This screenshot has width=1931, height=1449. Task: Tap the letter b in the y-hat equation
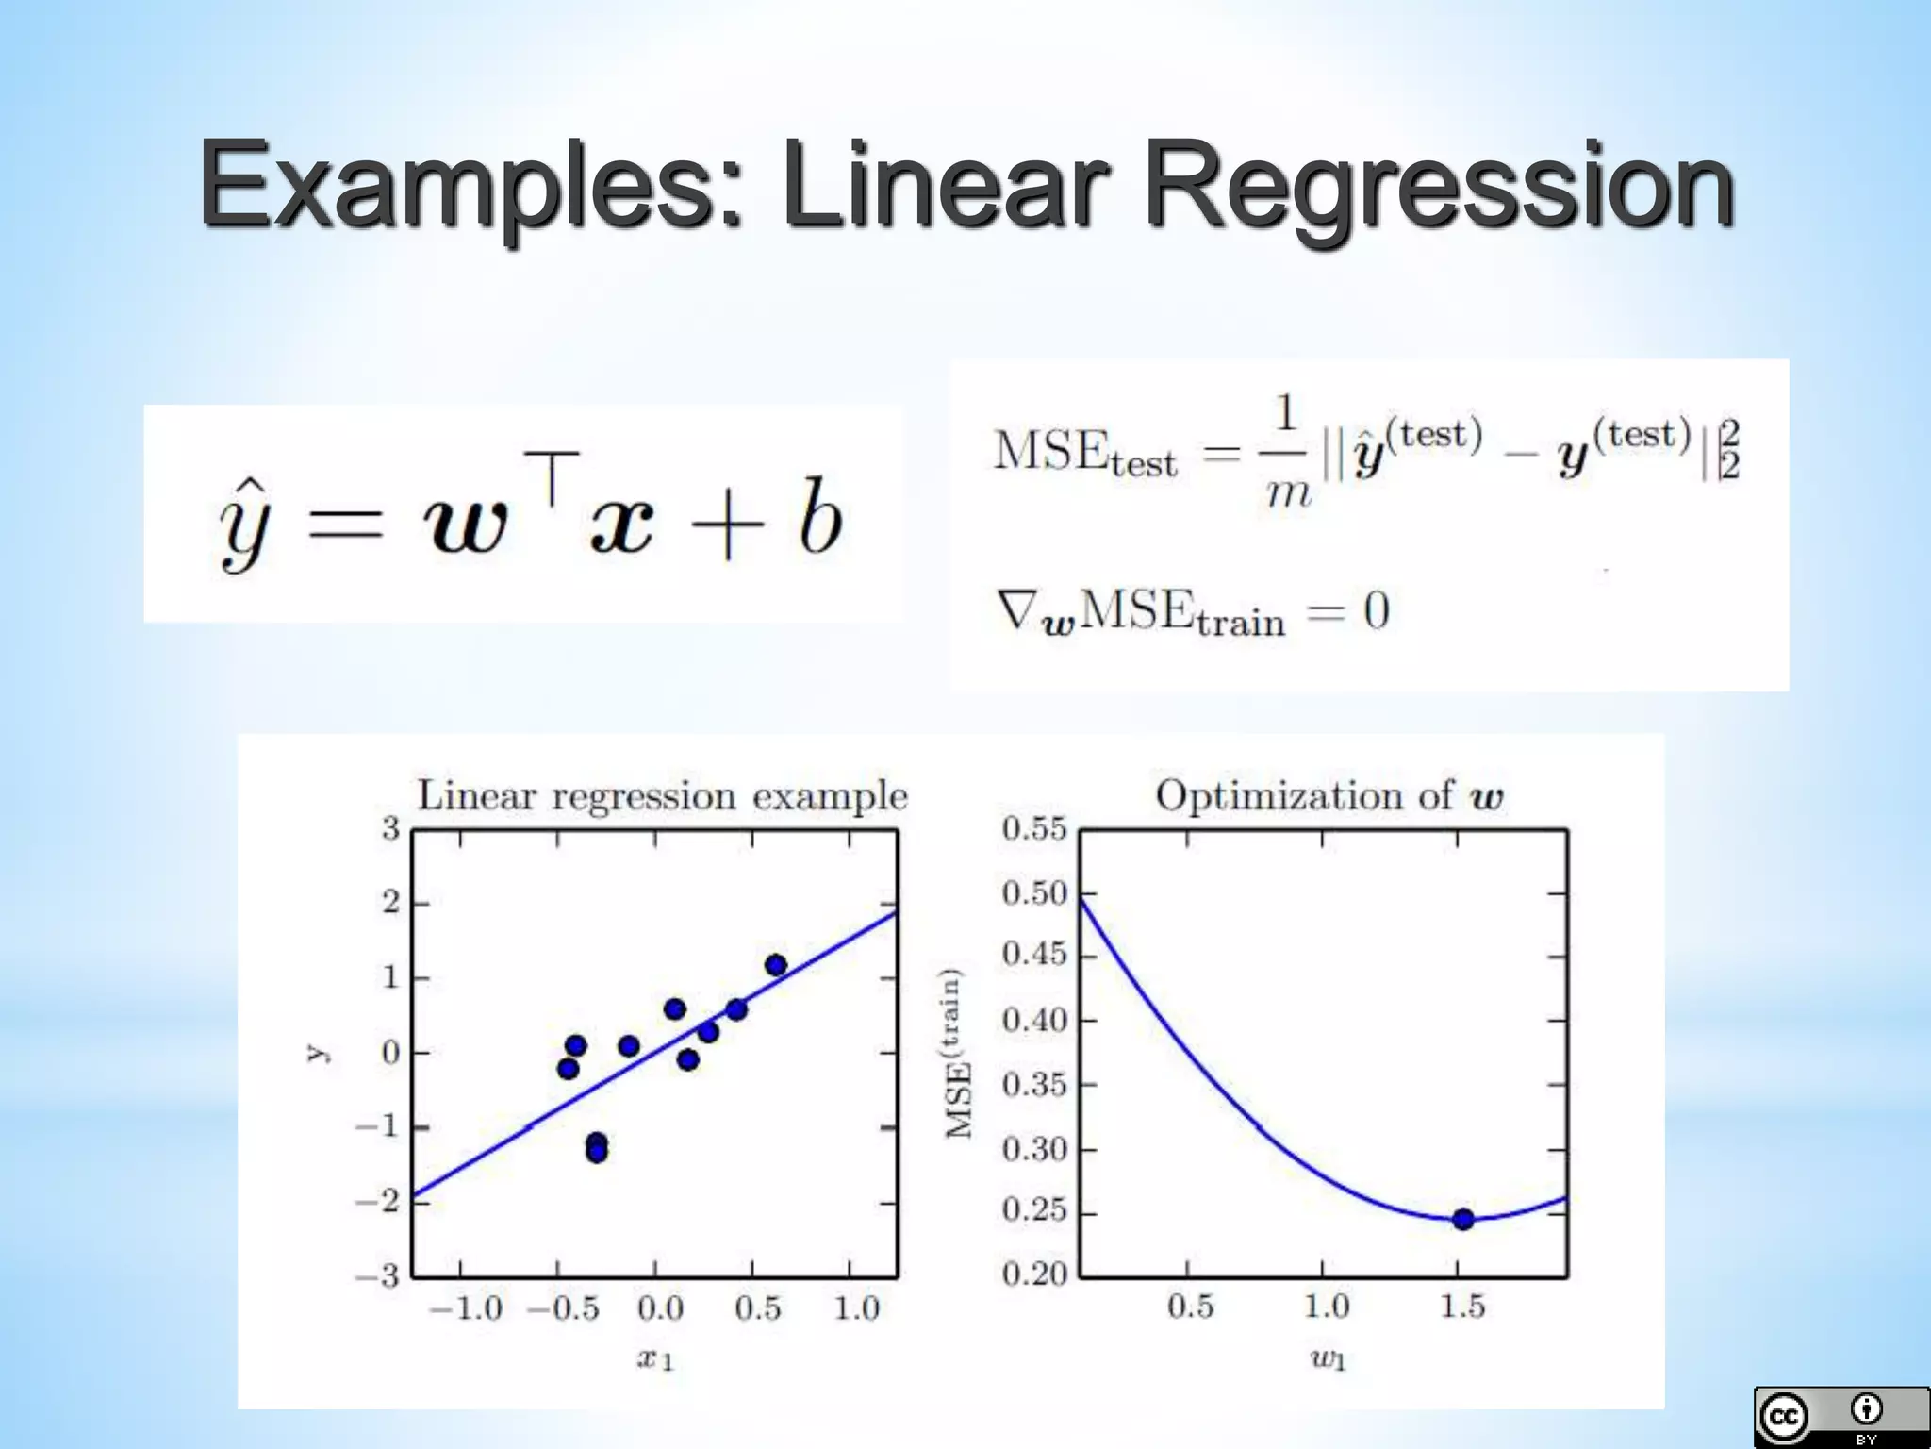819,516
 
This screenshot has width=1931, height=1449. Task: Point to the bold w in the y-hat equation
466,525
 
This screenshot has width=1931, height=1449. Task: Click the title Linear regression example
662,796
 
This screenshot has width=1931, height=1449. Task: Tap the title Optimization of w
1329,796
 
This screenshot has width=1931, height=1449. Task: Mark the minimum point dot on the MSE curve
1462,1220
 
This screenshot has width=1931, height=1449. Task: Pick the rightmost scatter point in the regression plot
776,965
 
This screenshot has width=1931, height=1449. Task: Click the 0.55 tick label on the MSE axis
1033,829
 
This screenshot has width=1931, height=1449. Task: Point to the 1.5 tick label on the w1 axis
1461,1307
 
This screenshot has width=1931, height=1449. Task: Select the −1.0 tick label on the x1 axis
466,1309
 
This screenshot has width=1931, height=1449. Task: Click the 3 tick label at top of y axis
390,829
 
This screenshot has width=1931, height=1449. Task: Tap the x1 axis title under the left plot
655,1359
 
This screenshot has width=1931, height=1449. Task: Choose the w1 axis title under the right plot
1328,1359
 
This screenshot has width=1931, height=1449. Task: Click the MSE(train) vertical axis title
958,1053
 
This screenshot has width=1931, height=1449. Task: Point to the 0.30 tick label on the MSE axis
1033,1149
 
